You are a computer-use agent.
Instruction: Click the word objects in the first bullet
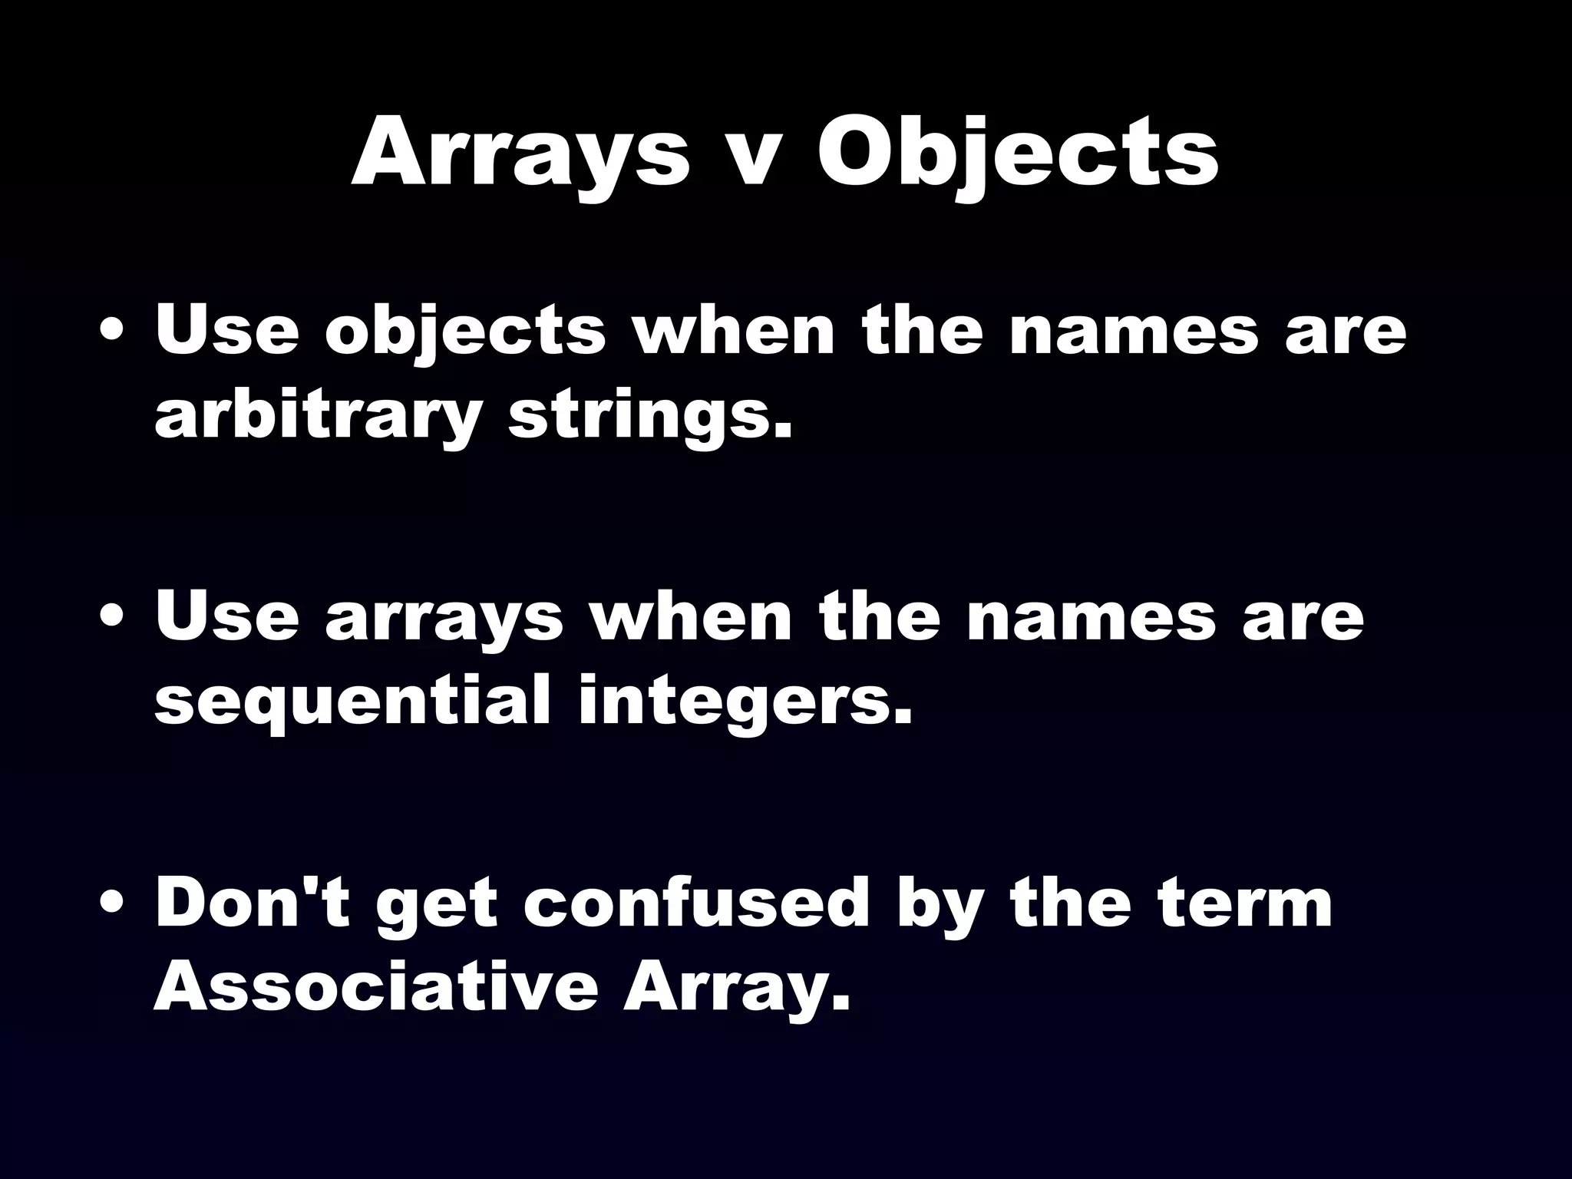(465, 333)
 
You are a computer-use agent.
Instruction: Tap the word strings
(649, 418)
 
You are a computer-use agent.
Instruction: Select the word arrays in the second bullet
(444, 619)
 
